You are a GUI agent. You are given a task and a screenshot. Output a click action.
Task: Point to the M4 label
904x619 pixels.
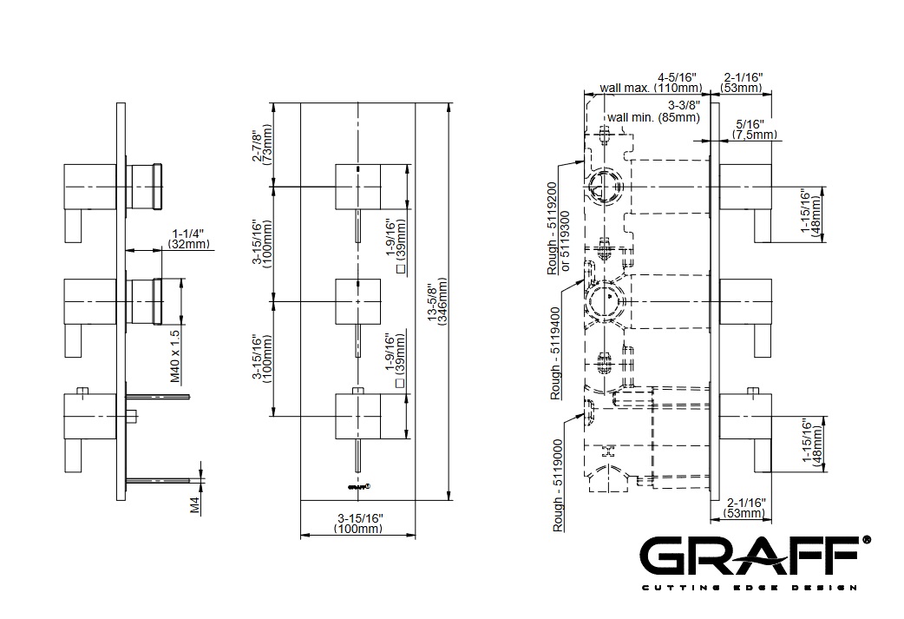196,505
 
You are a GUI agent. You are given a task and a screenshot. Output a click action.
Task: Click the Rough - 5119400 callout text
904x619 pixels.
556,351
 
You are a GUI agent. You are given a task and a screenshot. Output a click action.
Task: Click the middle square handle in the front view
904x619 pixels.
357,299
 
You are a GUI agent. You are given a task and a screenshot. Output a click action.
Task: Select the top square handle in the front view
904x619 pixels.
357,185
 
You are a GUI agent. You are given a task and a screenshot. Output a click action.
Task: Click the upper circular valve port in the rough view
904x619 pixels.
601,187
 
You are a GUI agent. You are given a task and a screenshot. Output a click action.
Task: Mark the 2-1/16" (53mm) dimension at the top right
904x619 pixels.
742,82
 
